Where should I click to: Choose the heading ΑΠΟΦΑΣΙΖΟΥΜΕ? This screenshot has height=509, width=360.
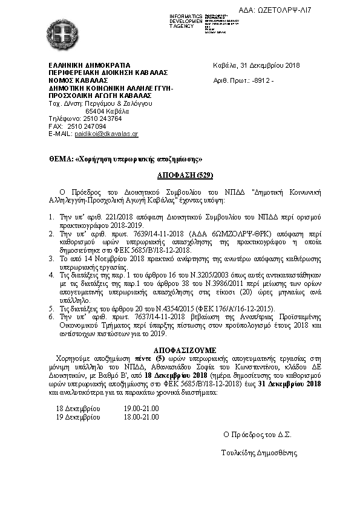tap(180, 349)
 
